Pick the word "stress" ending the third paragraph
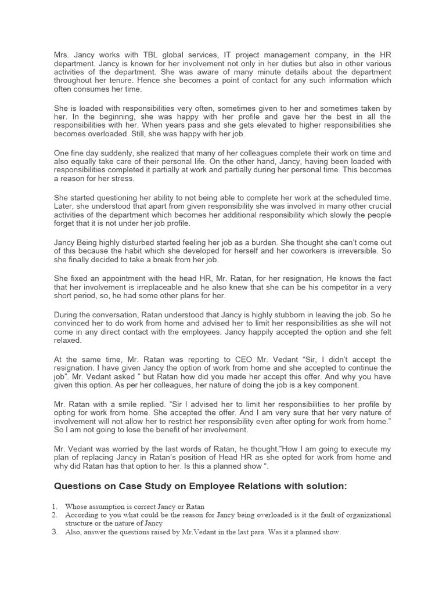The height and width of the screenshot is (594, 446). click(x=122, y=179)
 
